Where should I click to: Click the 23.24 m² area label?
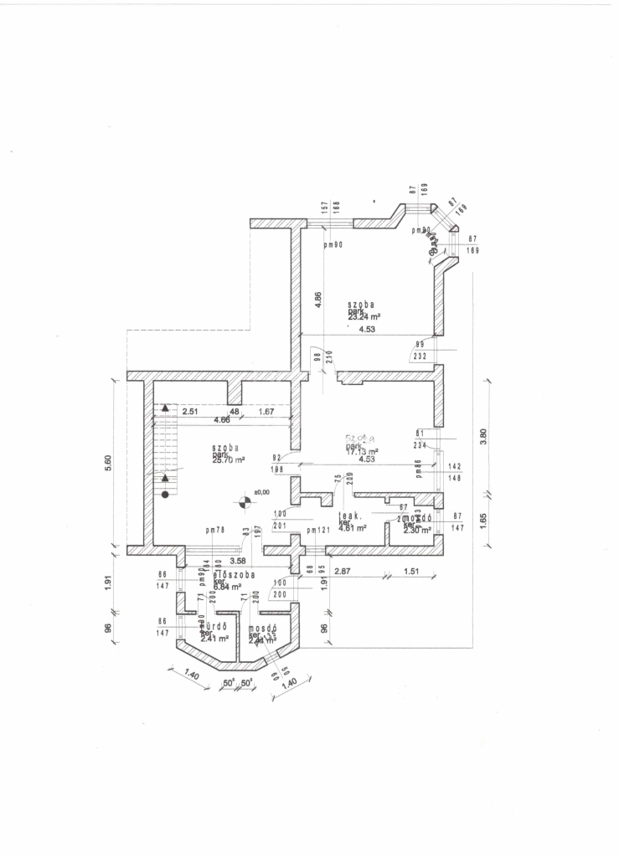[364, 317]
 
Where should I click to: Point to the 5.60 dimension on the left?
[109, 463]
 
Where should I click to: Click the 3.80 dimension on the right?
[483, 438]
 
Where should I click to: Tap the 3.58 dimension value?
[237, 561]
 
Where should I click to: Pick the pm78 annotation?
[216, 530]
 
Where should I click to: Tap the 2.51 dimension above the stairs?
[189, 411]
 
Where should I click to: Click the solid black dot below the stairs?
[166, 495]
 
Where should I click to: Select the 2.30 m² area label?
[416, 530]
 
